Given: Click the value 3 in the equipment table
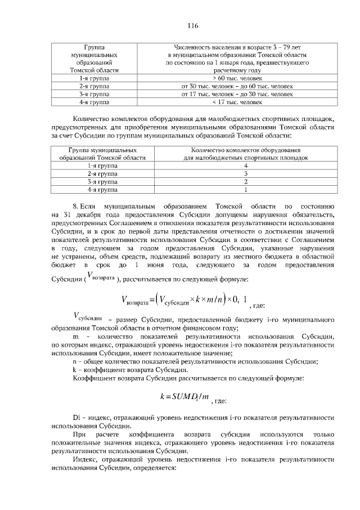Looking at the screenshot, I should coord(246,175).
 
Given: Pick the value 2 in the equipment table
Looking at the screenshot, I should coord(246,182).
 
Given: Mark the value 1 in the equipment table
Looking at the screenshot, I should coord(246,190).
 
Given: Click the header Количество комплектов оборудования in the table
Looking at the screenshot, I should coord(246,155).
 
